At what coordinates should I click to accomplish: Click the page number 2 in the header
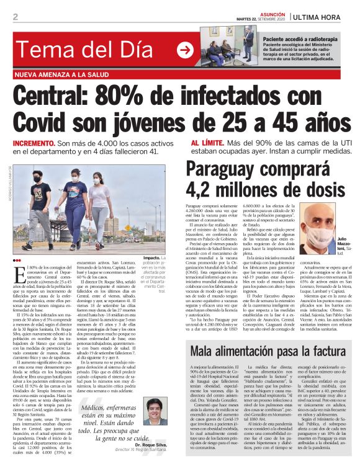tap(16, 16)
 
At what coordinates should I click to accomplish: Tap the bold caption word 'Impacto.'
tap(152, 257)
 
